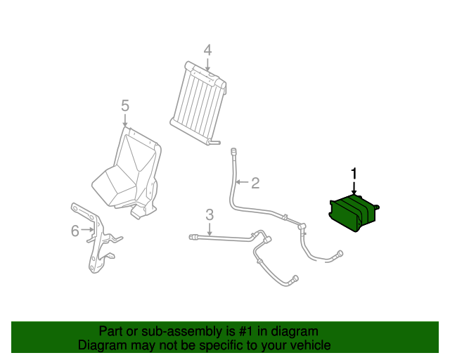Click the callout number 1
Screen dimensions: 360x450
click(354, 173)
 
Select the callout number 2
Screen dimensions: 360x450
click(255, 184)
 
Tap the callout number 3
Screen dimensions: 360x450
click(209, 214)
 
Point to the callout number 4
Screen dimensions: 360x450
click(207, 50)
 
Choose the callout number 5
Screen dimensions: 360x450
click(124, 105)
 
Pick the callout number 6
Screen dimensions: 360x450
click(75, 230)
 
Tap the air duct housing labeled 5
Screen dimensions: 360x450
click(130, 169)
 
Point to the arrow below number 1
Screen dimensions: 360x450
click(354, 188)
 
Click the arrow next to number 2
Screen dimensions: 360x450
click(241, 184)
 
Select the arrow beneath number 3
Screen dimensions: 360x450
click(209, 229)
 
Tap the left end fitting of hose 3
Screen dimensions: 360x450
click(193, 238)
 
